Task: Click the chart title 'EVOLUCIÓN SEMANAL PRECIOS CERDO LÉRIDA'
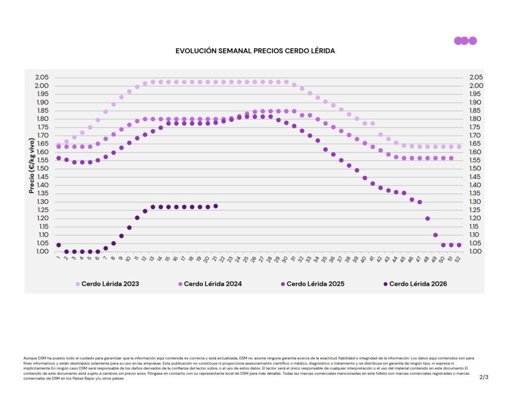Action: (x=255, y=51)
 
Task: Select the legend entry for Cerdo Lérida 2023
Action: (x=107, y=284)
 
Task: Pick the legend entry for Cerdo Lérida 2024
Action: (x=210, y=284)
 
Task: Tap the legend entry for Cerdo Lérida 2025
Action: (x=313, y=284)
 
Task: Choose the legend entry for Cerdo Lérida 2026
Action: (x=415, y=284)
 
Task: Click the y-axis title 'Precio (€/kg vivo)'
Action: (x=31, y=165)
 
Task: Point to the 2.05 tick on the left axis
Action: (x=42, y=77)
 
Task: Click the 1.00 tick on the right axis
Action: (x=476, y=251)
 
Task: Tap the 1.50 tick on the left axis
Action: (x=42, y=168)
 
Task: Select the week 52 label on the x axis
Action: (x=458, y=259)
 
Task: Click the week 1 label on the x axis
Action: (x=59, y=258)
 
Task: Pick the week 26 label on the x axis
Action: (x=254, y=259)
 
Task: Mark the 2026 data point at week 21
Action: (x=216, y=206)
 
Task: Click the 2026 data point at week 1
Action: (x=59, y=245)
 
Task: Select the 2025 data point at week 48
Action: (x=427, y=219)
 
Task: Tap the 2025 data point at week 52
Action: (x=459, y=245)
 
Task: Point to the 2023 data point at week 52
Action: (x=459, y=147)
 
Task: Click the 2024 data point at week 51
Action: (x=451, y=158)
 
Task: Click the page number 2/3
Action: (x=484, y=377)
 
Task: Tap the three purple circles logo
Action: (x=465, y=41)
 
